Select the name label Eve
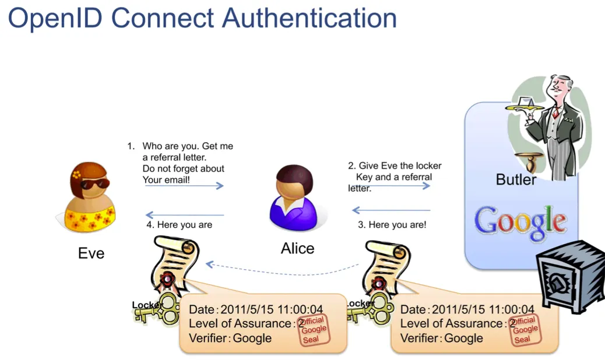click(91, 253)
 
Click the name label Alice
click(297, 249)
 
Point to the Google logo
click(520, 224)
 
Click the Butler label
click(516, 179)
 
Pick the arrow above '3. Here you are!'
click(391, 210)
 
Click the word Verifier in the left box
click(206, 338)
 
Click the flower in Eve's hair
click(77, 174)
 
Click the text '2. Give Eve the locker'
click(395, 166)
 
